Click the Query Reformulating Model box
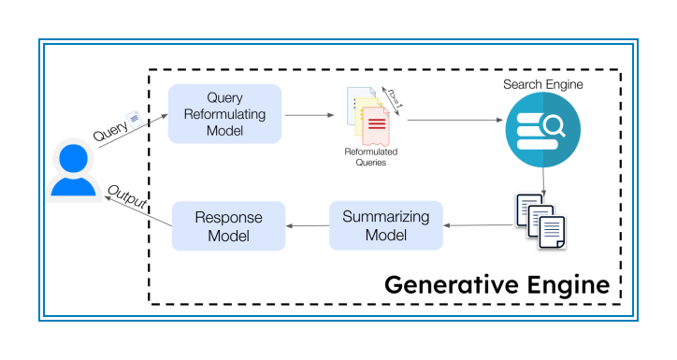point(224,113)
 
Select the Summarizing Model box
point(385,225)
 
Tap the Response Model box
point(229,225)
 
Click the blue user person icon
point(75,169)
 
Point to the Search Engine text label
point(542,85)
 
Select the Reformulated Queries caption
point(364,156)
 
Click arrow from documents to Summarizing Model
point(476,224)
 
